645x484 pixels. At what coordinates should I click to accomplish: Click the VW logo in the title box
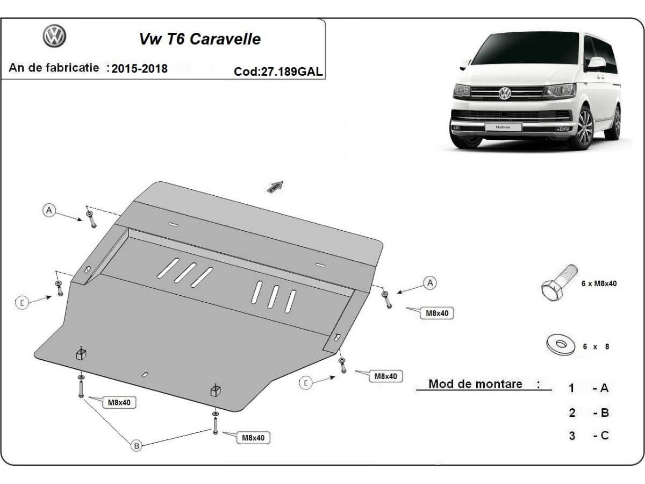(54, 37)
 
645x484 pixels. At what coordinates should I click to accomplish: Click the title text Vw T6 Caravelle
(199, 39)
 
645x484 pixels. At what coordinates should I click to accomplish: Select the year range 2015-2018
(140, 69)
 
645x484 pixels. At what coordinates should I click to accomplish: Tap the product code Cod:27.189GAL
(278, 72)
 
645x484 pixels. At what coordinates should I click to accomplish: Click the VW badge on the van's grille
(505, 93)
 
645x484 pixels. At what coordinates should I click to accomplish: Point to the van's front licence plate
(499, 127)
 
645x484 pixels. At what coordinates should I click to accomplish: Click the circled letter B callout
(137, 445)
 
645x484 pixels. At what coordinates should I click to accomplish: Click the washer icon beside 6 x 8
(559, 344)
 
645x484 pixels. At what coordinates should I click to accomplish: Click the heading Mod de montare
(476, 384)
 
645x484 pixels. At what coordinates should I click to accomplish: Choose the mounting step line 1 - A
(589, 388)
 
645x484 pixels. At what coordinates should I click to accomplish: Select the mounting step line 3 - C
(589, 435)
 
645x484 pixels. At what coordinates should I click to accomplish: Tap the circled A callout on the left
(49, 210)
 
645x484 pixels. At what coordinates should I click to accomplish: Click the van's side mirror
(596, 63)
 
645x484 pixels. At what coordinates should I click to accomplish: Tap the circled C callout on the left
(22, 303)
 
